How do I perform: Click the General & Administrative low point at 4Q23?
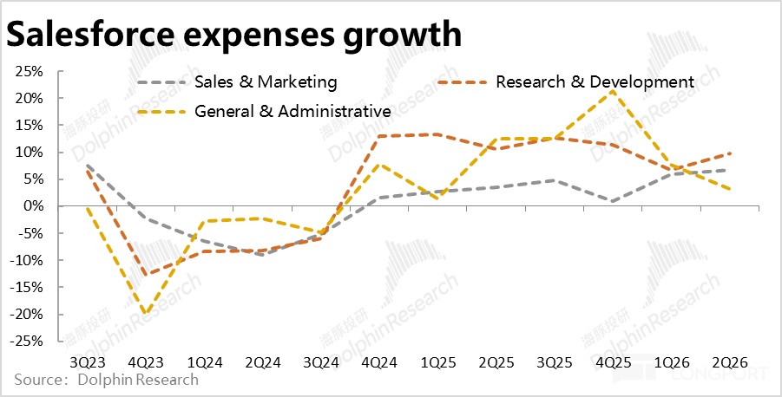(145, 314)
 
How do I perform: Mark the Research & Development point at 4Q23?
(145, 275)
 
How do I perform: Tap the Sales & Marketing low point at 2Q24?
(262, 255)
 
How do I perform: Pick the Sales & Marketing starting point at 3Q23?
(87, 165)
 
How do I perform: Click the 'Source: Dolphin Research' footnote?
(106, 380)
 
